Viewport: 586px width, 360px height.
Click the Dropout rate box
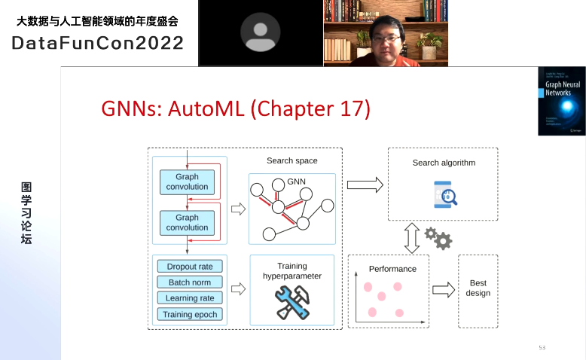click(190, 266)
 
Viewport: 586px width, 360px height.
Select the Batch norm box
click(190, 282)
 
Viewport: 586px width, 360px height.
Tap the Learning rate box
click(190, 298)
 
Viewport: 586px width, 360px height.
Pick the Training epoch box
click(190, 314)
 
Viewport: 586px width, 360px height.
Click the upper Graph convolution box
click(187, 182)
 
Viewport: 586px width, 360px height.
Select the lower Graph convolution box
click(187, 222)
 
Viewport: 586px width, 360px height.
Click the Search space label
click(292, 160)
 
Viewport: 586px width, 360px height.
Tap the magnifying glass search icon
click(446, 195)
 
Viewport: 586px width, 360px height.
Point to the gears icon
click(438, 238)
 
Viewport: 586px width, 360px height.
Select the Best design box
click(478, 288)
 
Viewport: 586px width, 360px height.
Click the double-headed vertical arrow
click(411, 238)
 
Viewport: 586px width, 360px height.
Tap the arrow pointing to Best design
click(444, 289)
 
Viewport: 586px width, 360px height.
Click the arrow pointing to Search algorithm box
click(365, 185)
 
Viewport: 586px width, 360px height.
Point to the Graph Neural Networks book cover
click(561, 101)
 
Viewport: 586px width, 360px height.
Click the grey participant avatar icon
click(260, 32)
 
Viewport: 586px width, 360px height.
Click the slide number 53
click(542, 347)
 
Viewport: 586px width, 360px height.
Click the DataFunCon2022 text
click(97, 43)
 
